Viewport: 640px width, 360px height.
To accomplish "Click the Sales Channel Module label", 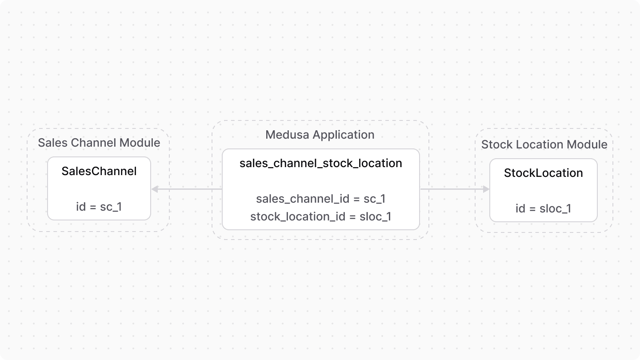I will (x=99, y=143).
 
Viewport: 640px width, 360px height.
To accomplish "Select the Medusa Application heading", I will (x=320, y=135).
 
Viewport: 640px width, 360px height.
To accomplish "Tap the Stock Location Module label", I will (x=544, y=144).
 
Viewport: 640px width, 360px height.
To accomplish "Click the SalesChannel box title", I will (x=99, y=171).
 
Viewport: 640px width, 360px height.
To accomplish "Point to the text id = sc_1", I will (x=99, y=207).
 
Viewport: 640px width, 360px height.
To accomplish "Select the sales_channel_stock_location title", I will (x=320, y=164).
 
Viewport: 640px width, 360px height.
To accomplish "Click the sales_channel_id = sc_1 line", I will (x=320, y=199).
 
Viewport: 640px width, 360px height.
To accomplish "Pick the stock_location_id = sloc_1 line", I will (x=320, y=216).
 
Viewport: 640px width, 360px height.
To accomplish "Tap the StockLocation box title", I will (x=543, y=173).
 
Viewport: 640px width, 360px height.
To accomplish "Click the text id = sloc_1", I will (x=543, y=208).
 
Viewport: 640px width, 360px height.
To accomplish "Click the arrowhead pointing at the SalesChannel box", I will (x=155, y=189).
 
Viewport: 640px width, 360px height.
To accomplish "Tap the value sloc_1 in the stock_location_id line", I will (x=376, y=216).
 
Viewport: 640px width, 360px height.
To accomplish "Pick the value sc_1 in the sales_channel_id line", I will (x=374, y=199).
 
